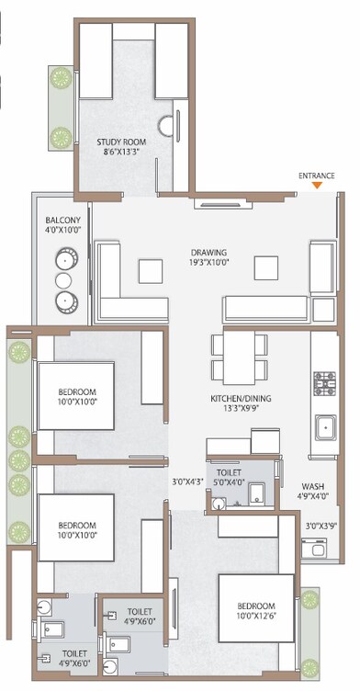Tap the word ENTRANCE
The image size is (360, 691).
[x=317, y=175]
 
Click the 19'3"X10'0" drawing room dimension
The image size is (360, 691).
[x=208, y=264]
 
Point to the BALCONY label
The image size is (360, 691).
[x=62, y=221]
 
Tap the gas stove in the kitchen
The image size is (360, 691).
[x=326, y=382]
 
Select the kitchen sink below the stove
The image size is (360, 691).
[x=325, y=425]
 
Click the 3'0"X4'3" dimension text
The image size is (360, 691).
[x=188, y=481]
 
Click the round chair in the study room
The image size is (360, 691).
[x=167, y=126]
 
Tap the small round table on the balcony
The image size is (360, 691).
[x=63, y=278]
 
